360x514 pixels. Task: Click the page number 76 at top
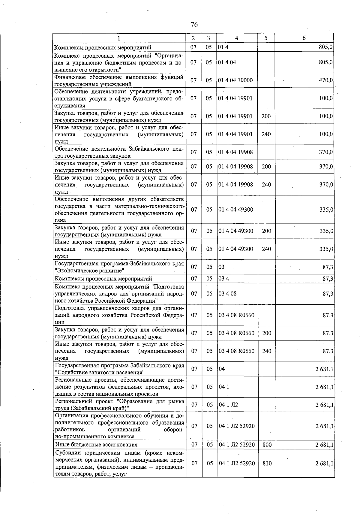pos(194,25)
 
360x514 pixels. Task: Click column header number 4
pos(237,38)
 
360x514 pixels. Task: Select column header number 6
pos(304,38)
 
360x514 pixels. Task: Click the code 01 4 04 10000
pos(235,80)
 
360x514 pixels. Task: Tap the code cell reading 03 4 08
pos(228,294)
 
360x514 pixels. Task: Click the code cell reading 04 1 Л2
pos(228,405)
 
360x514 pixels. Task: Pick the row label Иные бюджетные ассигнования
pos(96,445)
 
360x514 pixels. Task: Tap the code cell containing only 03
pos(222,267)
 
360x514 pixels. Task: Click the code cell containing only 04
pos(222,369)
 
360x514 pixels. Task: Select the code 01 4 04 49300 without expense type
pos(236,210)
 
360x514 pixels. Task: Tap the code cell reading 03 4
pos(224,279)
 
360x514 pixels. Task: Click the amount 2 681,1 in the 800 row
pos(324,445)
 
